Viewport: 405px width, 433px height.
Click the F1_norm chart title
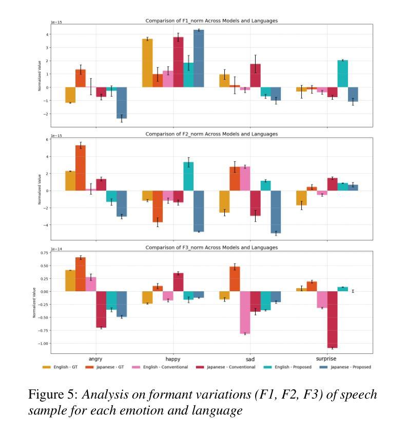pyautogui.click(x=211, y=21)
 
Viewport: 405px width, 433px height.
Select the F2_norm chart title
pyautogui.click(x=211, y=134)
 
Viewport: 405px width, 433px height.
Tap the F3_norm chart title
pyautogui.click(x=211, y=248)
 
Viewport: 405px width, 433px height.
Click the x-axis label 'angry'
pyautogui.click(x=95, y=359)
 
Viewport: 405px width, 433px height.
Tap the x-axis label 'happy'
pyautogui.click(x=173, y=359)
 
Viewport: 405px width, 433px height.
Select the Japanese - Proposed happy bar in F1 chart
pyautogui.click(x=199, y=59)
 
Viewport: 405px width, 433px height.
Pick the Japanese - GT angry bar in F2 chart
pyautogui.click(x=81, y=168)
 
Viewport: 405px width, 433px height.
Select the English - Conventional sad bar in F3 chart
pyautogui.click(x=245, y=312)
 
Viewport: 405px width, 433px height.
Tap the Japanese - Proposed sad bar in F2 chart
pyautogui.click(x=276, y=212)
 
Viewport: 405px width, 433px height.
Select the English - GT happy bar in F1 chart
pyautogui.click(x=147, y=63)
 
